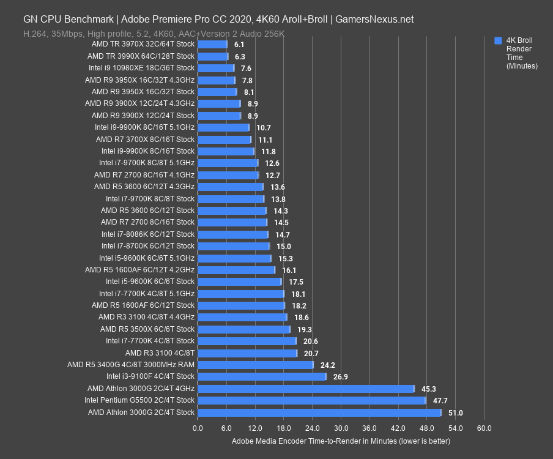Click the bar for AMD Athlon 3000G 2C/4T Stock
coord(319,412)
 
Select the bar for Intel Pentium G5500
coord(311,400)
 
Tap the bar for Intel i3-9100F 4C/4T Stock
coord(262,376)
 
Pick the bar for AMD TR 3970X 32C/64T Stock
coord(212,44)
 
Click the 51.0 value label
coord(456,413)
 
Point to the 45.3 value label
coord(429,389)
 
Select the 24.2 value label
coord(328,365)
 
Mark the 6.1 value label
coord(239,45)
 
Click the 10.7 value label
coord(264,128)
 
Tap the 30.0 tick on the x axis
coord(341,428)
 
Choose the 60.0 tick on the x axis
coord(484,428)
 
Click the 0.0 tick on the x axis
coord(198,428)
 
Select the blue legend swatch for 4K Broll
coord(498,41)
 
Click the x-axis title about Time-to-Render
coord(341,441)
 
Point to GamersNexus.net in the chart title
coord(375,19)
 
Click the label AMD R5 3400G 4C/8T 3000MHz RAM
coord(131,365)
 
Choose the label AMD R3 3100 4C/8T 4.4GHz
coord(146,317)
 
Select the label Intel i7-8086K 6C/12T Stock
coord(148,234)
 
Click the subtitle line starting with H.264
coord(154,34)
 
